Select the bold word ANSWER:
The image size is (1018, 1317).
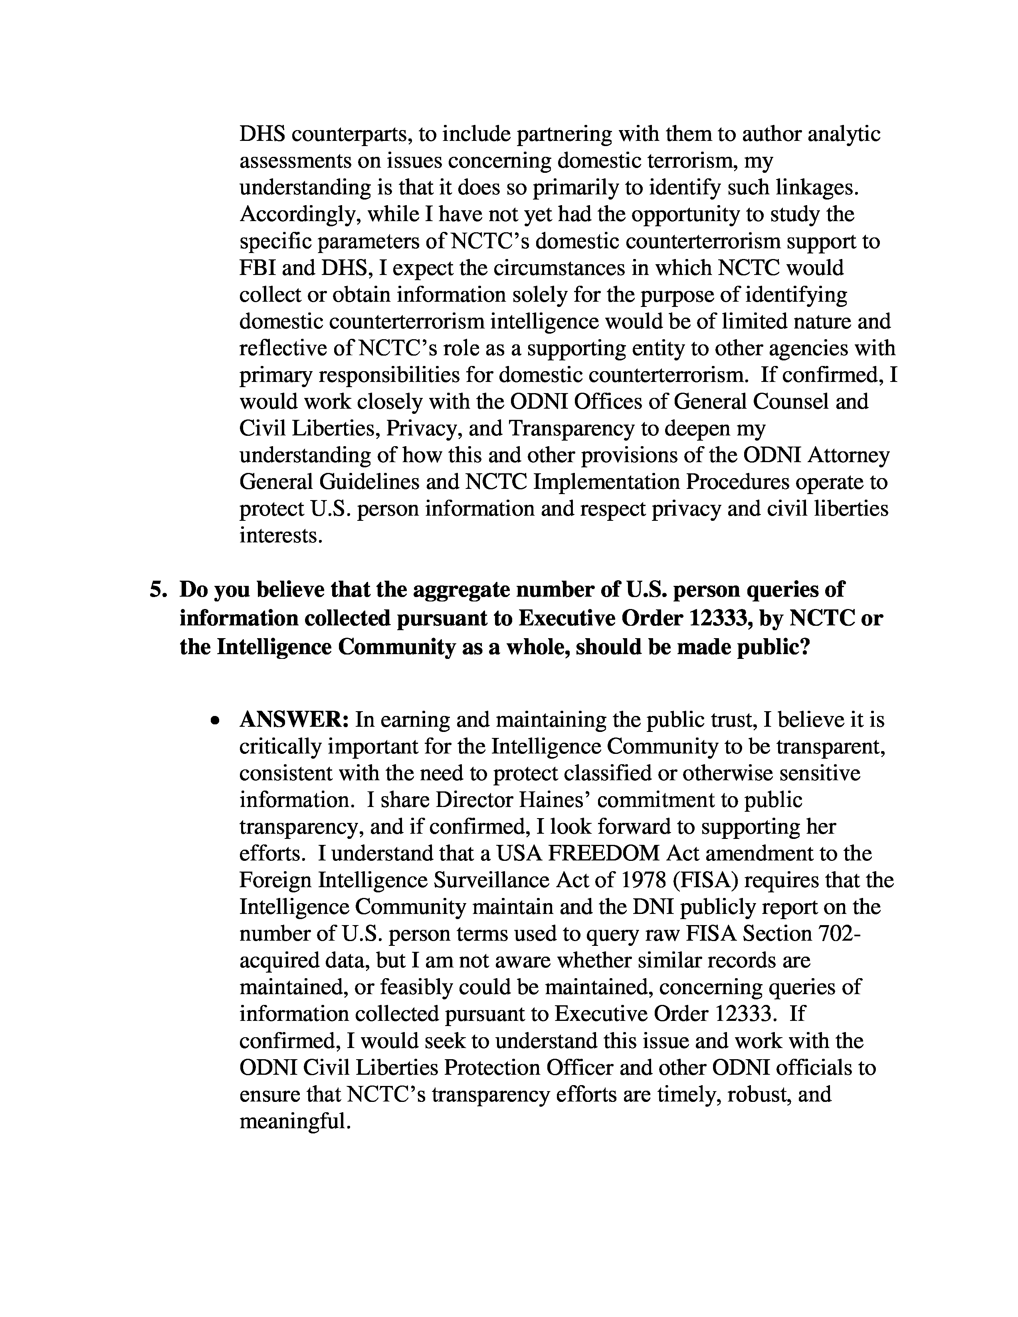tap(294, 720)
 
